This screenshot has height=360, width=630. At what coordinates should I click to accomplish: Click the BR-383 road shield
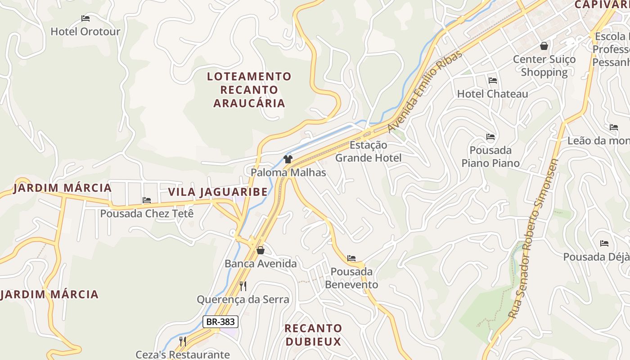click(x=220, y=322)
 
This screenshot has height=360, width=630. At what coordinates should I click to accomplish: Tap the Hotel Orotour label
click(x=85, y=31)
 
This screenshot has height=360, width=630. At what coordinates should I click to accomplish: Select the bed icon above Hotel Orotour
click(x=85, y=18)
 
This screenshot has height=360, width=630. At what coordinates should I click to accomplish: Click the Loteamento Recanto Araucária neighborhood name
click(x=249, y=90)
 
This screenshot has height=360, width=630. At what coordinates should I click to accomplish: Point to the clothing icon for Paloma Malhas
click(x=288, y=159)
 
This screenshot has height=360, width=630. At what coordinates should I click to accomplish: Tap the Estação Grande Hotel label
click(x=368, y=152)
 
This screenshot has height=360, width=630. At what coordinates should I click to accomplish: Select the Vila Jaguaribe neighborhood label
click(x=218, y=192)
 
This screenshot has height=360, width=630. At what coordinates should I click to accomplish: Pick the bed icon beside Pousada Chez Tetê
click(x=147, y=200)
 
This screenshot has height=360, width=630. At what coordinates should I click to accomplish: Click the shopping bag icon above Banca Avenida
click(x=260, y=250)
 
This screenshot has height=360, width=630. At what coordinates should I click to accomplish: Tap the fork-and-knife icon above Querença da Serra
click(x=243, y=286)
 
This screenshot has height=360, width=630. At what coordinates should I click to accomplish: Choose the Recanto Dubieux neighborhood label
click(x=313, y=335)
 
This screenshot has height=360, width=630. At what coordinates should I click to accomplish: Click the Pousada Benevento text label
click(x=351, y=278)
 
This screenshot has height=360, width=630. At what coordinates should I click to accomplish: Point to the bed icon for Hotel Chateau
click(x=493, y=81)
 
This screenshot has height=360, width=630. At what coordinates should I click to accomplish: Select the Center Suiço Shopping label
click(x=544, y=66)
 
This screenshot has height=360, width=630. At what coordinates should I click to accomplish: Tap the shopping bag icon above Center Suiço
click(x=544, y=46)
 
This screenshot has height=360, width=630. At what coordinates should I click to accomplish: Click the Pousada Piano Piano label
click(x=490, y=157)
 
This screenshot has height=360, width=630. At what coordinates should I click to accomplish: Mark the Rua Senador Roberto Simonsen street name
click(x=534, y=238)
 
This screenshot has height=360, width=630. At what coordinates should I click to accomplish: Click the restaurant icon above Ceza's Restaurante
click(x=183, y=342)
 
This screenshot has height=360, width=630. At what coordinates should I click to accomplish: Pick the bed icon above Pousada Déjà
click(x=604, y=243)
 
